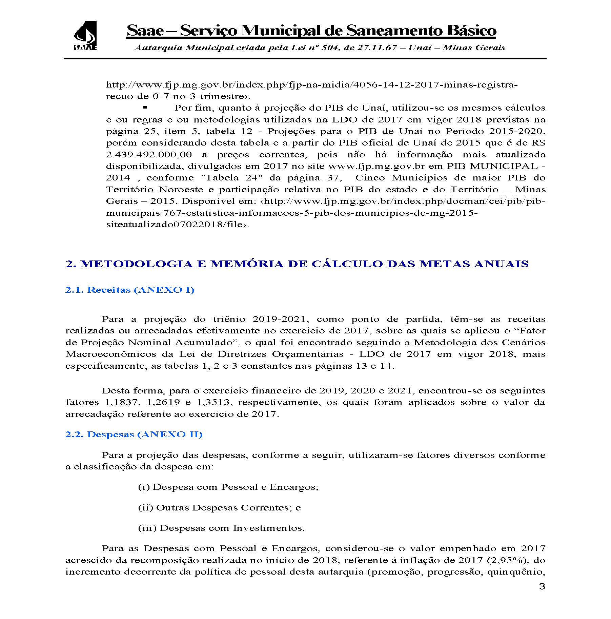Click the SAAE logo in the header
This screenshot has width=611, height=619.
[85, 36]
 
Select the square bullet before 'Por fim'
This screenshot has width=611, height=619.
[145, 108]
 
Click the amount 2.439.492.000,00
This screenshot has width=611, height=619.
[149, 155]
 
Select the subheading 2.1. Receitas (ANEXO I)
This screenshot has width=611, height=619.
[130, 290]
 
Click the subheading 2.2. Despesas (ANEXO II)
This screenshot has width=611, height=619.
[134, 434]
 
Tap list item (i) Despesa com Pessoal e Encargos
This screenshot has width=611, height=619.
[228, 487]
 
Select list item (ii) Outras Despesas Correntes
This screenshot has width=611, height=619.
[219, 508]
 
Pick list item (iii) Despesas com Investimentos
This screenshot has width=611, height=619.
[221, 528]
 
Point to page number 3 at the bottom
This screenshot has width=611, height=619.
[542, 586]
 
